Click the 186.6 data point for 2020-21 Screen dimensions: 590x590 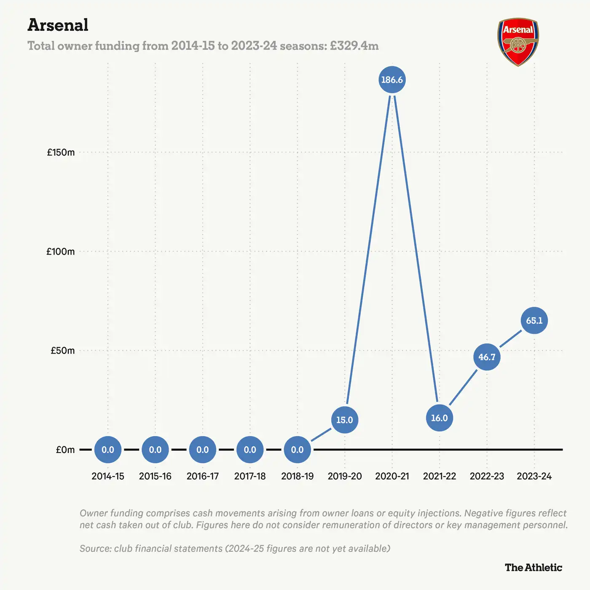coord(392,80)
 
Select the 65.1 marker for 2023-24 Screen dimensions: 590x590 coord(534,321)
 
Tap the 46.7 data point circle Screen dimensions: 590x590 coord(487,357)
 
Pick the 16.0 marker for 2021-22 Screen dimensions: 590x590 coord(439,418)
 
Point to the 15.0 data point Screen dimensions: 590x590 coord(344,420)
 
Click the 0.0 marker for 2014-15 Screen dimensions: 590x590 coord(108,450)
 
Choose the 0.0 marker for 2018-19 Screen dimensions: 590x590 coord(297,450)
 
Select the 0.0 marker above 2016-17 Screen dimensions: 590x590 coord(203,450)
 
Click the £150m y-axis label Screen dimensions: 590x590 coord(61,153)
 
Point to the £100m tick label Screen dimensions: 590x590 coord(61,252)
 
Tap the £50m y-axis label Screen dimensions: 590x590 coord(62,351)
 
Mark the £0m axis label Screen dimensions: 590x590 coord(65,450)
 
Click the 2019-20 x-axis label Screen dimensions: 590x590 coord(345,476)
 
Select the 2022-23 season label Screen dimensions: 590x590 coord(487,476)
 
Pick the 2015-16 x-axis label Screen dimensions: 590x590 coord(155,476)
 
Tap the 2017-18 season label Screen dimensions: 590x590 coord(250,476)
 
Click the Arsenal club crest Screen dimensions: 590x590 coord(518,42)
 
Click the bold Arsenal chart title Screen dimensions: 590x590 coord(58,25)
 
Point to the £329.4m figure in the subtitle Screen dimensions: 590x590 coord(354,46)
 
